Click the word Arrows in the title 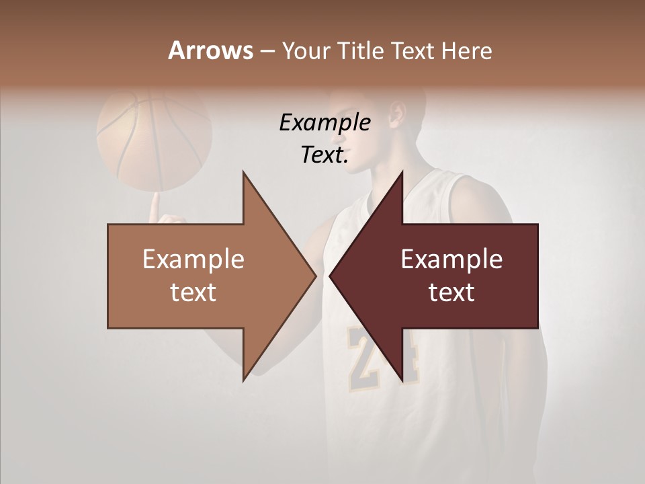pyautogui.click(x=210, y=50)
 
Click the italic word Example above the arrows pyautogui.click(x=325, y=122)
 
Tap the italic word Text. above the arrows pyautogui.click(x=325, y=155)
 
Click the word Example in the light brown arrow pyautogui.click(x=193, y=259)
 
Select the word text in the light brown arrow pyautogui.click(x=193, y=292)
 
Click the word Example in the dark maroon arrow pyautogui.click(x=451, y=259)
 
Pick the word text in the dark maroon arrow pyautogui.click(x=451, y=292)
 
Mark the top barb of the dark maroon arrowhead pyautogui.click(x=401, y=176)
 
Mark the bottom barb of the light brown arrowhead pyautogui.click(x=245, y=376)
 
